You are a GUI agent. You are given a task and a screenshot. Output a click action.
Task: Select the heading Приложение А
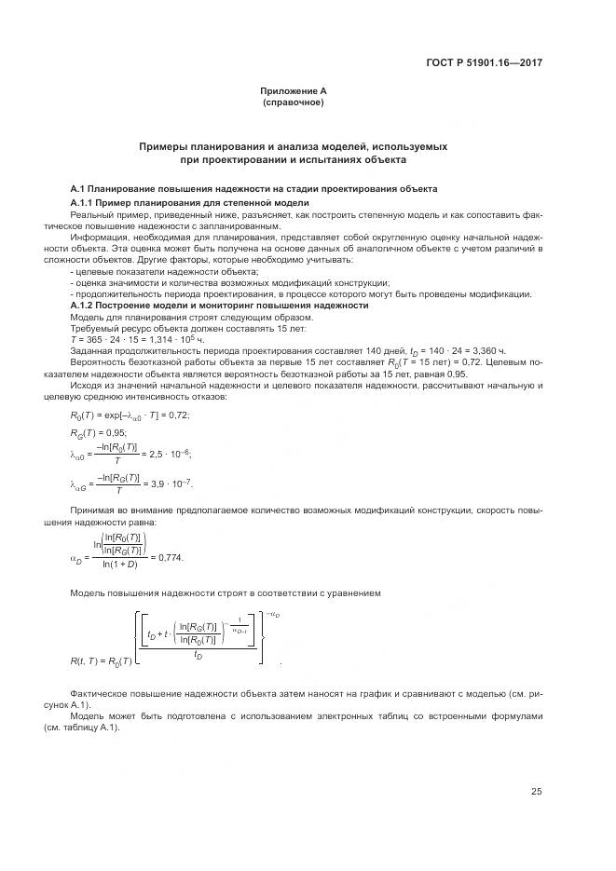294,90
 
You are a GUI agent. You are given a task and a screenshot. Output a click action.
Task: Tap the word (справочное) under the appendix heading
294,102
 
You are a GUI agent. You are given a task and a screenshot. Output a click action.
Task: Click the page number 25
537,792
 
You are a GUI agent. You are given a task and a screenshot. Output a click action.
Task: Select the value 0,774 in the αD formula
171,557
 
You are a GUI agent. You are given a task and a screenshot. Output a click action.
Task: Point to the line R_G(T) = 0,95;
99,433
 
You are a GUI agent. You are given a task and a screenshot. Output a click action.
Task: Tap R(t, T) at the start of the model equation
87,660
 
